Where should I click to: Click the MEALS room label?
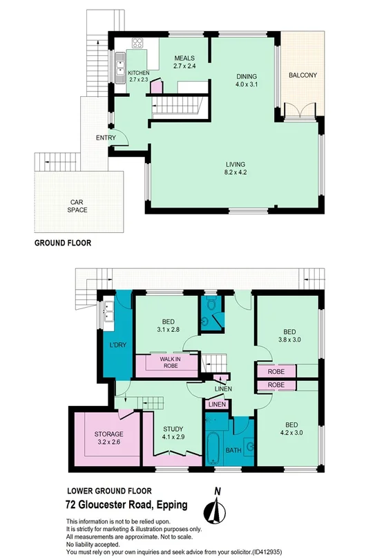pos(184,62)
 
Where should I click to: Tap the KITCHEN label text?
pos(138,76)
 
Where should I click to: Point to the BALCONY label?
pos(302,75)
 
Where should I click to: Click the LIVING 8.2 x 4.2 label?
pos(235,167)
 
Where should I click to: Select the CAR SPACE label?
pos(77,206)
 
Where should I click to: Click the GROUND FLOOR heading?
pos(63,243)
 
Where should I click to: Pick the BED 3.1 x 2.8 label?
pos(166,326)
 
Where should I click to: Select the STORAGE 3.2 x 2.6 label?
pos(108,438)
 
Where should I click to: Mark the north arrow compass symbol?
pos(217,510)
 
